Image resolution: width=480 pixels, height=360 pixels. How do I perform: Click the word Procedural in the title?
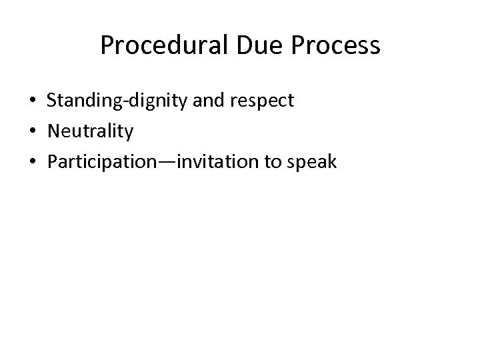click(161, 45)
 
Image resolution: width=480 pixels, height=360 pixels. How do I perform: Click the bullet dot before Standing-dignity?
click(32, 101)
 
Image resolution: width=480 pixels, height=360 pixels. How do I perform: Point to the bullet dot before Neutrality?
click(32, 132)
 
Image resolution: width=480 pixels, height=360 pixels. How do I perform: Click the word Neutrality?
click(90, 132)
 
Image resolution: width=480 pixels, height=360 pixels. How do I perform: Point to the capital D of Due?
click(240, 45)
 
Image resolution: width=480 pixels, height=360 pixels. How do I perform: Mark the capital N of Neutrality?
click(53, 132)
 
